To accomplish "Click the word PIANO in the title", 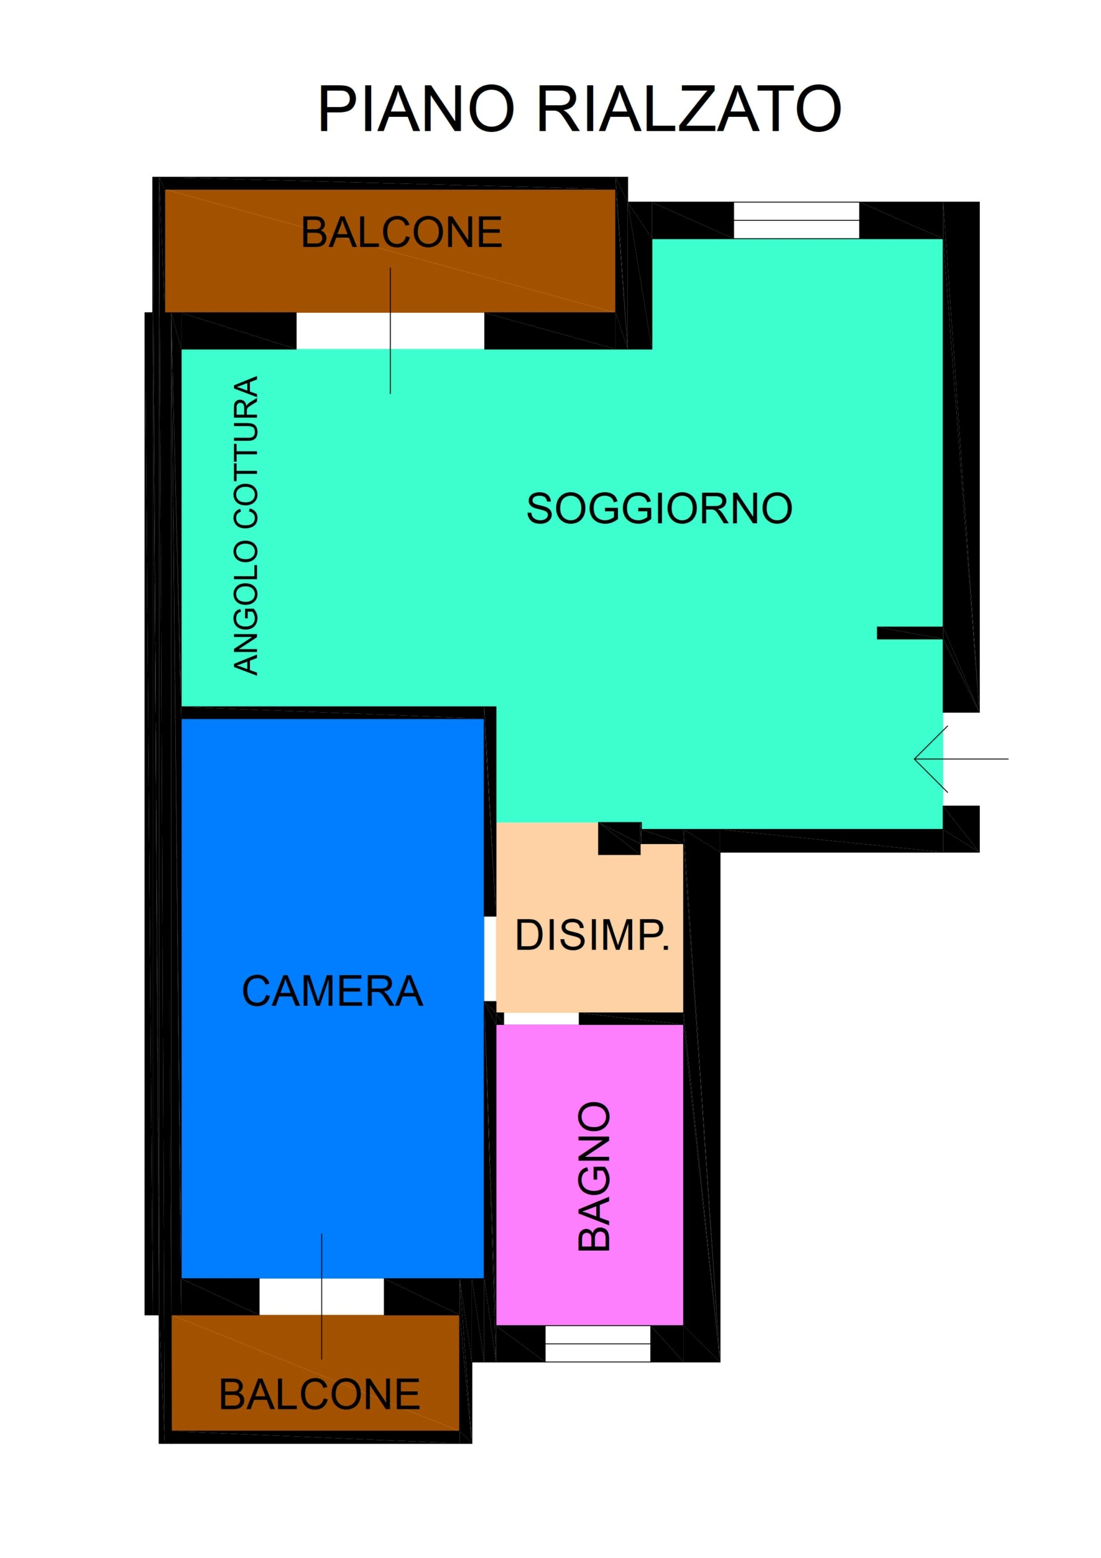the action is (x=416, y=110).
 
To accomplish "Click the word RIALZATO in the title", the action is (x=689, y=110).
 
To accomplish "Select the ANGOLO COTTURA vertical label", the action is (x=246, y=525).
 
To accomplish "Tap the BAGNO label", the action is (x=594, y=1175).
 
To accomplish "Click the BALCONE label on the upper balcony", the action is (x=401, y=232).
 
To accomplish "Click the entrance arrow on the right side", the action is (x=961, y=759).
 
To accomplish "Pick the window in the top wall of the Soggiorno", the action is (x=796, y=220).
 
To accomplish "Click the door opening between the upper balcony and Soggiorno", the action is (x=390, y=331).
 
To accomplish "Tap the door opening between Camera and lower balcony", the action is (x=322, y=1297).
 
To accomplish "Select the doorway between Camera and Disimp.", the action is (x=490, y=959).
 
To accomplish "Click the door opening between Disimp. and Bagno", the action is (x=541, y=1019).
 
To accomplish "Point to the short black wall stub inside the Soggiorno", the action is (x=910, y=633).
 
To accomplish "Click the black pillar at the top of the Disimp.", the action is (x=619, y=839).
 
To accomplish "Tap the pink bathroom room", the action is (x=589, y=1175).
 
